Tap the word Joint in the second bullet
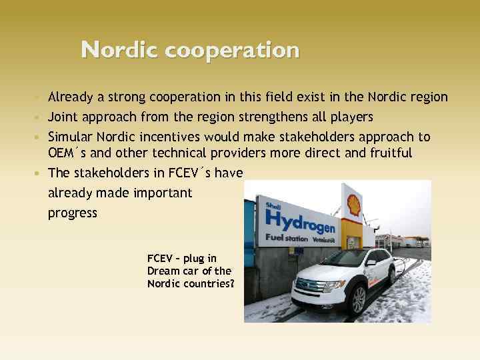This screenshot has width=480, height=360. point(63,117)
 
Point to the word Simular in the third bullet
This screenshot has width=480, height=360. point(70,137)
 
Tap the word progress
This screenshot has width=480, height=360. point(73,213)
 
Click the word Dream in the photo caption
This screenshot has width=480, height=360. point(163,271)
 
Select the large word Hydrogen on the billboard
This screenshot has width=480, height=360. point(299,220)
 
